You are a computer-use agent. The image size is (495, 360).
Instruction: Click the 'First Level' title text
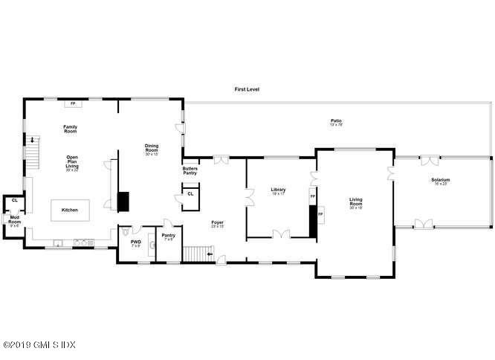(x=247, y=89)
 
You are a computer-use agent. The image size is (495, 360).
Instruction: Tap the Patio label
(x=336, y=121)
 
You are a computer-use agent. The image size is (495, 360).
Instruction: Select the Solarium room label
(x=441, y=180)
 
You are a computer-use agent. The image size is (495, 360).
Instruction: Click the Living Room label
(x=360, y=200)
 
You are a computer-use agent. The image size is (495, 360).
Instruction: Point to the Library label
(x=279, y=190)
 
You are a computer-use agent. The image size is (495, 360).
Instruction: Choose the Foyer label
(x=217, y=222)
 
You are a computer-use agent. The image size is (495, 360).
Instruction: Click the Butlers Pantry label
(x=190, y=171)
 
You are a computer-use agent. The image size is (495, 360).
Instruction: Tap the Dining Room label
(x=152, y=148)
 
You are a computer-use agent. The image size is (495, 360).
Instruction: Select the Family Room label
(x=71, y=129)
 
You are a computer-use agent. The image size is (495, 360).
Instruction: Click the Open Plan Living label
(x=72, y=163)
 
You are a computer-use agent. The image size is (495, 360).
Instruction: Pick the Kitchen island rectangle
(x=69, y=210)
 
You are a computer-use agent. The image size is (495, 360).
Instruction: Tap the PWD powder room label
(x=136, y=242)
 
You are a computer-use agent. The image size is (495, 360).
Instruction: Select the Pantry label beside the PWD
(x=169, y=237)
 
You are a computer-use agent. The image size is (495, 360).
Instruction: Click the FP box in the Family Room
(x=73, y=103)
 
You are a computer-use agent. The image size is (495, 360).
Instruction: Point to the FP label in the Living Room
(x=320, y=214)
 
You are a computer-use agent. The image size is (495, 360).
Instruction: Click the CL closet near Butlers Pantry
(x=190, y=194)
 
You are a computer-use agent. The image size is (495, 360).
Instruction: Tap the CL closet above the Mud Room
(x=14, y=200)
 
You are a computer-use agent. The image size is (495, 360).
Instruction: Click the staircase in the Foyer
(x=197, y=254)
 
